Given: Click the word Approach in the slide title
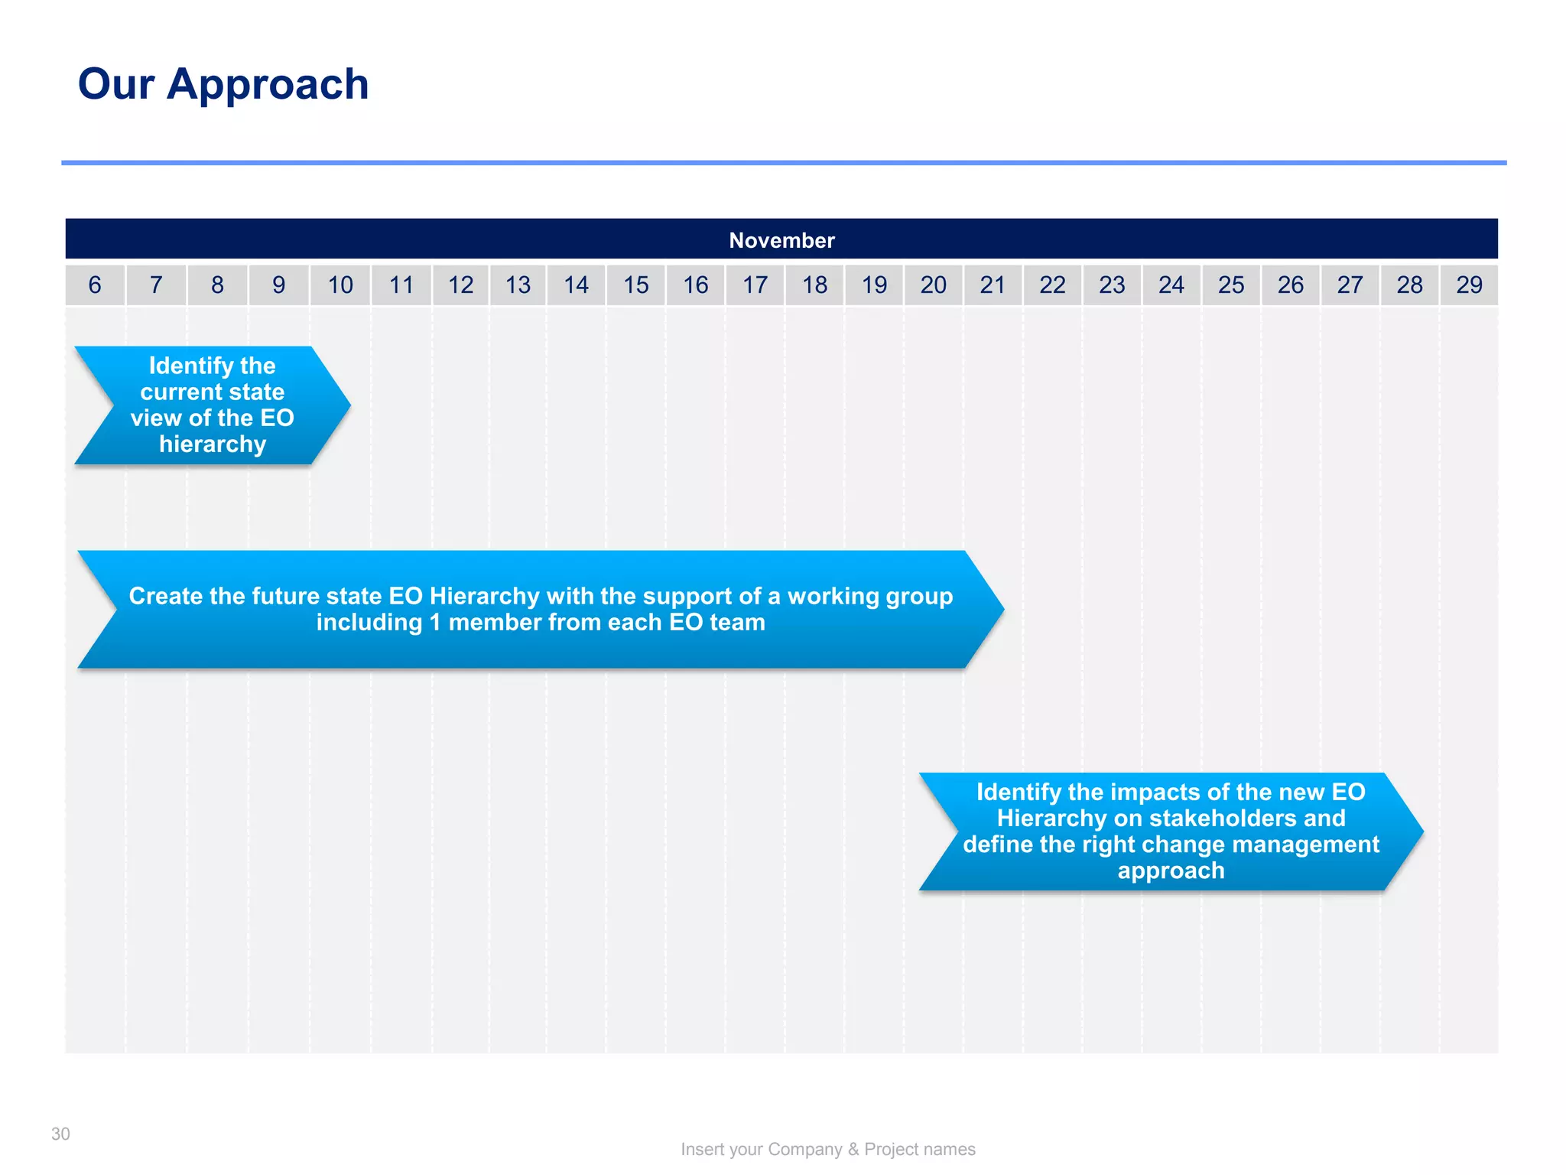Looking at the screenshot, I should coord(268,84).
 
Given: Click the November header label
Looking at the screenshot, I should coord(781,240).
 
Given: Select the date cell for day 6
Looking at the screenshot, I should coord(95,285).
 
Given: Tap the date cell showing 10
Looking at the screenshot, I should coord(340,285).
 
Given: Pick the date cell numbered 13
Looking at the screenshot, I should coord(518,285).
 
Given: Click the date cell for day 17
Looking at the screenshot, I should coord(755,285).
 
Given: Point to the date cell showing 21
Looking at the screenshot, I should coord(993,285).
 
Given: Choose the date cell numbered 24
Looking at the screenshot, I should coord(1171,285).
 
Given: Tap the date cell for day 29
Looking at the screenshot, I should coord(1469,285).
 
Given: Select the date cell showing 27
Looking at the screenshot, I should coord(1350,285).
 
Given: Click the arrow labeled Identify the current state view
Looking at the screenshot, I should coord(213,405).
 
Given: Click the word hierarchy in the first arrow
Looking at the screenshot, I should coord(213,444).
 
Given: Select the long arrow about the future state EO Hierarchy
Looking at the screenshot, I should coord(541,609).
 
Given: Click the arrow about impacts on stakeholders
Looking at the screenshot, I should coord(1171,831).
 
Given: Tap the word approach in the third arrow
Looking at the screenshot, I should coord(1171,871).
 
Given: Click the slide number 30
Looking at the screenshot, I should coord(60,1134).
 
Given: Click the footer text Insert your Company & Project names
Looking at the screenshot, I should coord(828,1149).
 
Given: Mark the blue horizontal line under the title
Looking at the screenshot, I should coord(783,163).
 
